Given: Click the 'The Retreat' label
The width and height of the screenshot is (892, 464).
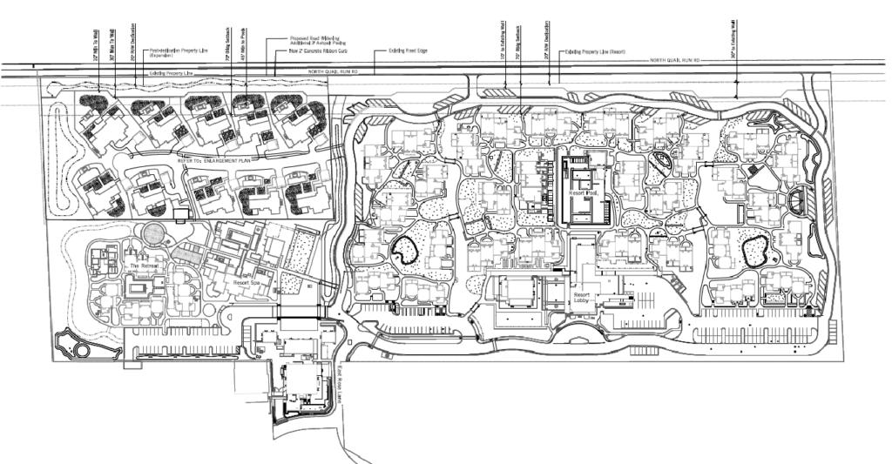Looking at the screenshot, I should (140, 265).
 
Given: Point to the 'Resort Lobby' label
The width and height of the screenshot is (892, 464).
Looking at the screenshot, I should (583, 300).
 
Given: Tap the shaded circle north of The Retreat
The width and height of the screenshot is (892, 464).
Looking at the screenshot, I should (153, 233).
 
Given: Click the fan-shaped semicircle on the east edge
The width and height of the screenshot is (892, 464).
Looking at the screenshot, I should (798, 203).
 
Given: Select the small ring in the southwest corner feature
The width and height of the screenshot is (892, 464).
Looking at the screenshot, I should (82, 349).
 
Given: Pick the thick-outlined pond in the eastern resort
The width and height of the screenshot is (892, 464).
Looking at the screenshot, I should (753, 252).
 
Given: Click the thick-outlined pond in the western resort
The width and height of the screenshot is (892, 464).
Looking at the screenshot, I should (405, 252).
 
